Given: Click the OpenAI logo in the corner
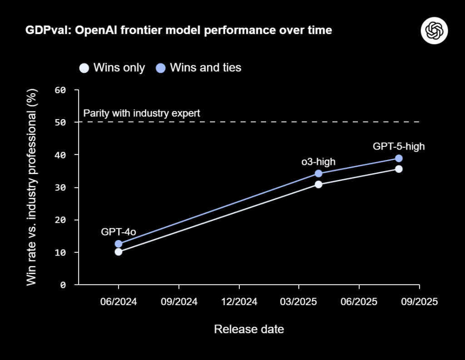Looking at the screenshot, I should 435,30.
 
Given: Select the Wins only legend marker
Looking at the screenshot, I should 84,68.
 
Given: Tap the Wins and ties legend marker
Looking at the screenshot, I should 160,68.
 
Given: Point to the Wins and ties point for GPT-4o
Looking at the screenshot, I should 119,244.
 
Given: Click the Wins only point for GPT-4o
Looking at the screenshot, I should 119,252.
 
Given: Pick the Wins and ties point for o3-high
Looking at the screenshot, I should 318,173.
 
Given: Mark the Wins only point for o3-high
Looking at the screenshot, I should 318,184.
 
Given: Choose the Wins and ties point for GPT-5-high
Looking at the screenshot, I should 399,158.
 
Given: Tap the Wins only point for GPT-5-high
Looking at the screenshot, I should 399,169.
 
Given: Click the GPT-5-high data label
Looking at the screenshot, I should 399,146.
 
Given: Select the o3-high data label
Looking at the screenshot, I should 318,161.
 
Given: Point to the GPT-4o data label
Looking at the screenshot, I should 119,232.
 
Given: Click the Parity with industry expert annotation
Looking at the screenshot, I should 142,113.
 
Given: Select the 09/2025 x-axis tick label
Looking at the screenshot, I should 419,302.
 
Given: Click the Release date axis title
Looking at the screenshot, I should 249,329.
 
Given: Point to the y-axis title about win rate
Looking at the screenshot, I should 31,187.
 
